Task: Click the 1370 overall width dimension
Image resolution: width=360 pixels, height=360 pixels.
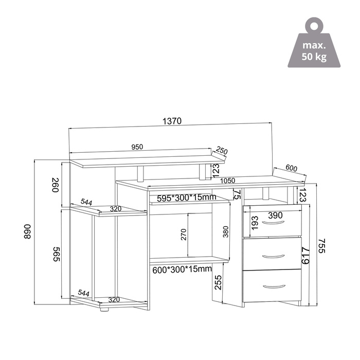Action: point(172,121)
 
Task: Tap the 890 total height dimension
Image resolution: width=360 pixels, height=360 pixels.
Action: point(27,231)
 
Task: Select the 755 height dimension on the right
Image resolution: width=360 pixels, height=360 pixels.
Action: point(322,246)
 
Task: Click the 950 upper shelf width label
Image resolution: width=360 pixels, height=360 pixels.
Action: point(137,147)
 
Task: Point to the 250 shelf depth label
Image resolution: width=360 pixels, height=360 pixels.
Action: point(222,151)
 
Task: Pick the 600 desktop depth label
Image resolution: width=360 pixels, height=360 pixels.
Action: point(292,168)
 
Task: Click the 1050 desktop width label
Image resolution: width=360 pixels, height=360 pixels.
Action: point(227,181)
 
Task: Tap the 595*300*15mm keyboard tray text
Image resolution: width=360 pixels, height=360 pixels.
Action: point(186,197)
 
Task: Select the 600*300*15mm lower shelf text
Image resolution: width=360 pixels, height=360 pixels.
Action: point(182,269)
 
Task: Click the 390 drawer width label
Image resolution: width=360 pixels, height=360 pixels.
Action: point(275,215)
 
